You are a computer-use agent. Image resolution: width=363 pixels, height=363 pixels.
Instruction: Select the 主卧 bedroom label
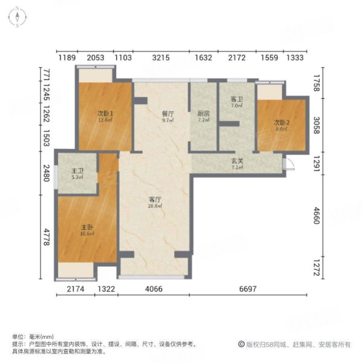coord(87,227)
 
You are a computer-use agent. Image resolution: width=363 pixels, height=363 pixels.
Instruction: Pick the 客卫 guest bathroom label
coord(236,99)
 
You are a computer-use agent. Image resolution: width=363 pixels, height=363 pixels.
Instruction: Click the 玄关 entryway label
coord(238,160)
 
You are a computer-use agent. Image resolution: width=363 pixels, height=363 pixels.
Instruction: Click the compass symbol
coord(19,18)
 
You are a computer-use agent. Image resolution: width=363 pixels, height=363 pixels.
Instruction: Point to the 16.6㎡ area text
coord(87,234)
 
